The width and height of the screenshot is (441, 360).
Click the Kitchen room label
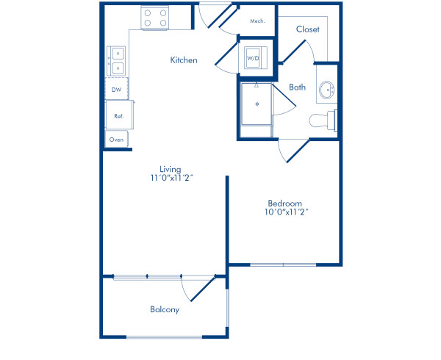click(x=184, y=60)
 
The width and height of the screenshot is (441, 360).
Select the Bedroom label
click(x=285, y=203)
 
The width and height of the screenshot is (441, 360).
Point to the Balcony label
click(x=165, y=309)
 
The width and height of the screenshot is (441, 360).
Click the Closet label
click(x=307, y=29)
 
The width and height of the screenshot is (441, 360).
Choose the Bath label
click(x=297, y=87)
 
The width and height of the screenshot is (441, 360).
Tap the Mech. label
click(x=257, y=21)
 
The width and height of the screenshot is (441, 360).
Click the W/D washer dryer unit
click(x=254, y=57)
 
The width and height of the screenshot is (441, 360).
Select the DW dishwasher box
click(x=116, y=90)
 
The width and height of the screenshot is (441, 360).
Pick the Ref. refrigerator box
click(x=118, y=115)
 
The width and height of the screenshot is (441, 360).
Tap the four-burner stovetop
click(x=154, y=18)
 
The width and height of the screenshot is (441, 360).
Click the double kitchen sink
click(x=116, y=60)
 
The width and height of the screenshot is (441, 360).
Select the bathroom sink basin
click(x=327, y=91)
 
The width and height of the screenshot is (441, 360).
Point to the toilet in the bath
click(x=321, y=120)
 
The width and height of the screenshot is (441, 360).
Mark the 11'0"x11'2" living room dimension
click(x=171, y=178)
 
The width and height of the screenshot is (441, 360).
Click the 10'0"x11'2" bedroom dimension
click(x=285, y=212)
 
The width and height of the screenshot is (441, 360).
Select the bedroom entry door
click(x=294, y=150)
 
